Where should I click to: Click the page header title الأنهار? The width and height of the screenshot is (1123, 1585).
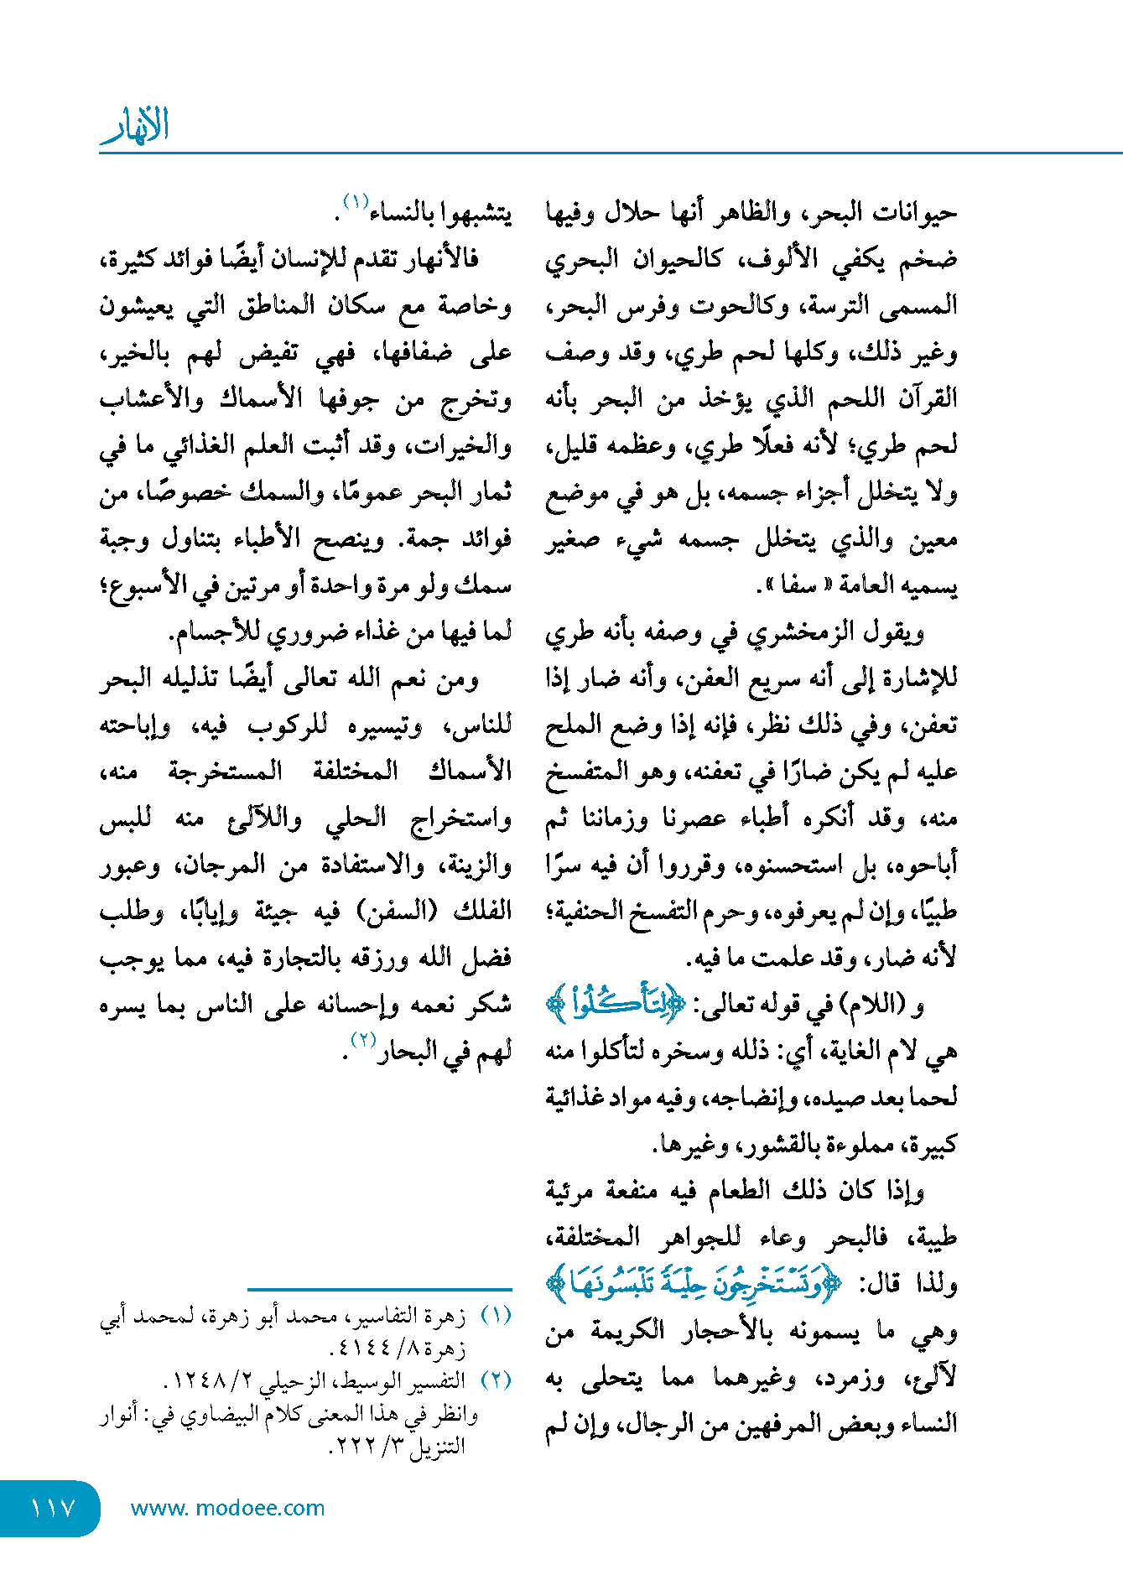tap(135, 126)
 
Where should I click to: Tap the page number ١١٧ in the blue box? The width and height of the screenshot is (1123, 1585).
tap(52, 1508)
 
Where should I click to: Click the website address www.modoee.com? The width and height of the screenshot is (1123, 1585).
tap(227, 1508)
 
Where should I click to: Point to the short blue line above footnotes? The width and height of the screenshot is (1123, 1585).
tap(379, 1289)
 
